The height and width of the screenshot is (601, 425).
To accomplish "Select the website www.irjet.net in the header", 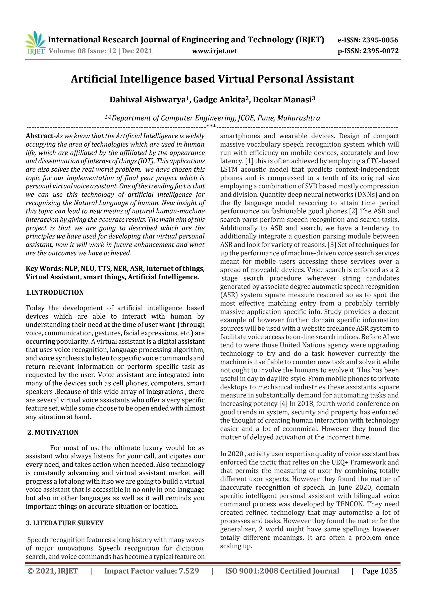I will coord(214,51).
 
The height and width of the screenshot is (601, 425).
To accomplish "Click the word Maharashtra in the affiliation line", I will coord(299,118).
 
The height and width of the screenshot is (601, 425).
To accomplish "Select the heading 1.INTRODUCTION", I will coord(55,292).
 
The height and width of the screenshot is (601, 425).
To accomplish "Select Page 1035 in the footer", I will coord(380,571).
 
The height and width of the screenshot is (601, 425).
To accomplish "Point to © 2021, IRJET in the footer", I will coord(53,571).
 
